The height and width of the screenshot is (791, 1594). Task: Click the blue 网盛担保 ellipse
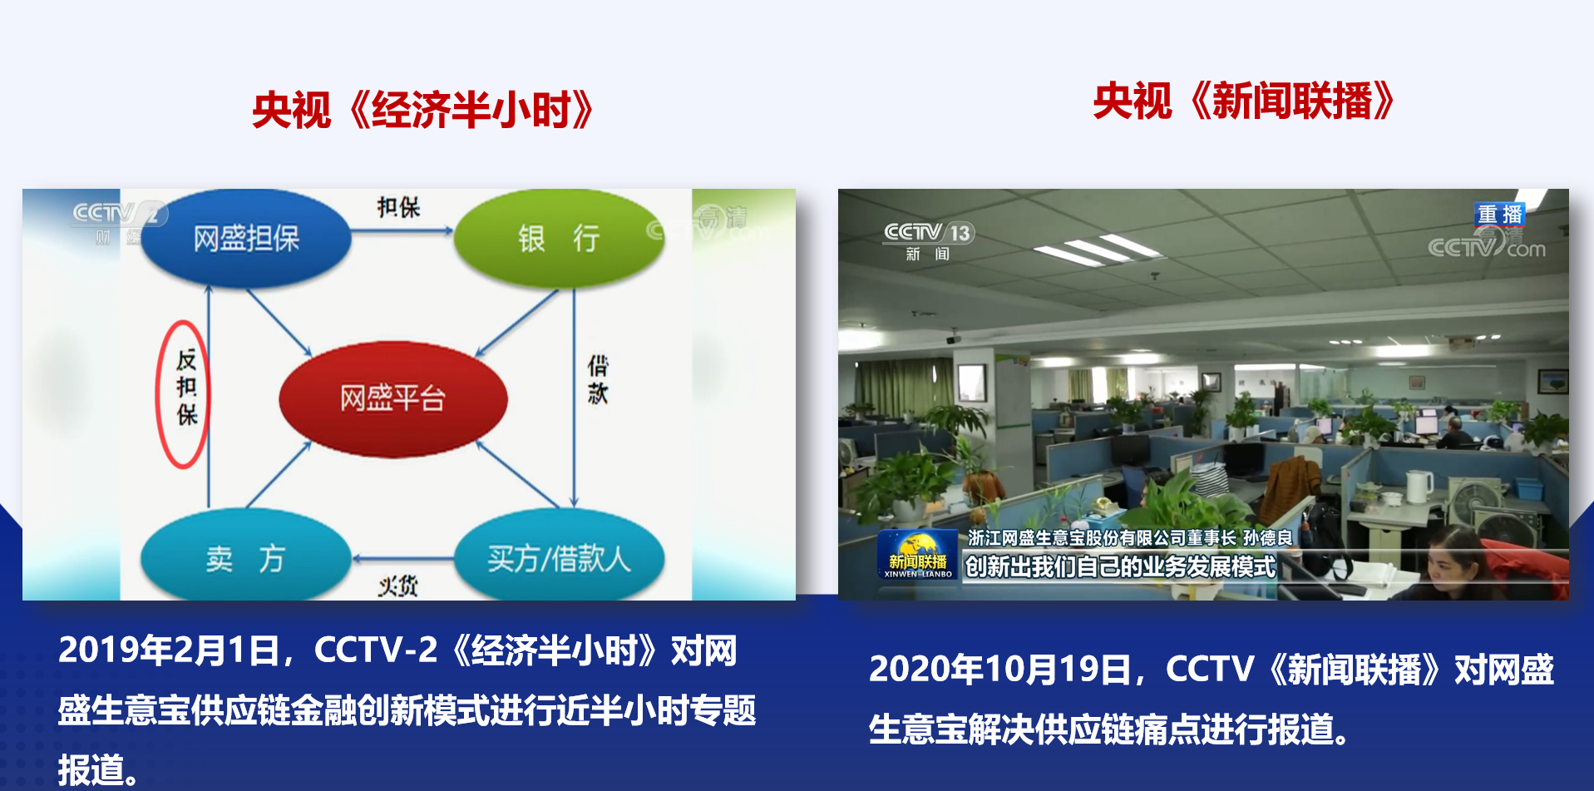246,239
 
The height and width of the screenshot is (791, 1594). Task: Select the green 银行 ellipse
559,239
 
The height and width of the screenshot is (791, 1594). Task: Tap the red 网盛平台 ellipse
392,398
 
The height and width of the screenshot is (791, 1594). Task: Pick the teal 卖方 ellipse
246,556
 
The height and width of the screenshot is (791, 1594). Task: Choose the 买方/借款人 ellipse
559,556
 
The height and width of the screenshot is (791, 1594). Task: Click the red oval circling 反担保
159,394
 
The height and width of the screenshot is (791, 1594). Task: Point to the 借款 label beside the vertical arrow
598,379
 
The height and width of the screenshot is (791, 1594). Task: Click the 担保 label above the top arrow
398,207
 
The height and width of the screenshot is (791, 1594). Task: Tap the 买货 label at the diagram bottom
398,586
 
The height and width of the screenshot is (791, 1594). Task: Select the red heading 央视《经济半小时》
423,111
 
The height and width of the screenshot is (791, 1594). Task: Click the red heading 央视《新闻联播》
1243,101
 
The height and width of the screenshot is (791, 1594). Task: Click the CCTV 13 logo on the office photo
928,240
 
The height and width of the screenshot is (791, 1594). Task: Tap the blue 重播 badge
1500,215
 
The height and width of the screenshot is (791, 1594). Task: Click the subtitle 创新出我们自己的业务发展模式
1120,567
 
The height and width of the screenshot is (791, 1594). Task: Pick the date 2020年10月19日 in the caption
1000,670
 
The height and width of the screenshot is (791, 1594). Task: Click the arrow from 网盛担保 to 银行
402,230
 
